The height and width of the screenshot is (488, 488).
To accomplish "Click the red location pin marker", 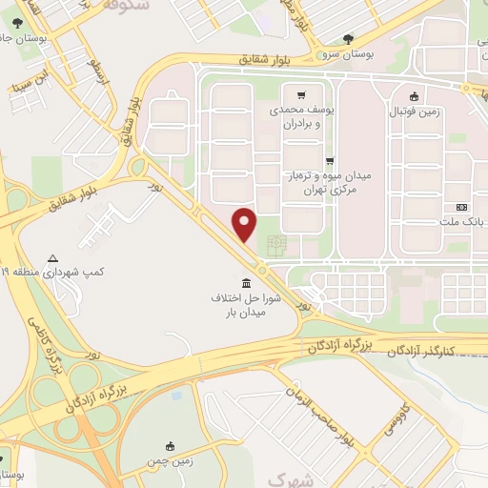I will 246,224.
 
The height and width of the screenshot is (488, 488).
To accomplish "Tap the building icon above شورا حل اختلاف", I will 247,283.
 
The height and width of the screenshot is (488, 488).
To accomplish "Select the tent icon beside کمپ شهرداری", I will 52,258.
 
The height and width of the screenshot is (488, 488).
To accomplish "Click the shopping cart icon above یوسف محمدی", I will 301,94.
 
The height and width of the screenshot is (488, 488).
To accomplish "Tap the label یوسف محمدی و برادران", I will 303,117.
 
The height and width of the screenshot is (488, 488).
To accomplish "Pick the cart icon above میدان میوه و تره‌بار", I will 329,161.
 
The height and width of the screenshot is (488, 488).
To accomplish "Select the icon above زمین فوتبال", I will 414,96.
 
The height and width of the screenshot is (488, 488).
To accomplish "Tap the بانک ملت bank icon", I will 462,207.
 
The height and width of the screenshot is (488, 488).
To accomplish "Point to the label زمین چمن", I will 168,462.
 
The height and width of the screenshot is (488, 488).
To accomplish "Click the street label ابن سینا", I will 29,81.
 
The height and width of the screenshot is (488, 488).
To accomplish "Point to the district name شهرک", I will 291,478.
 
